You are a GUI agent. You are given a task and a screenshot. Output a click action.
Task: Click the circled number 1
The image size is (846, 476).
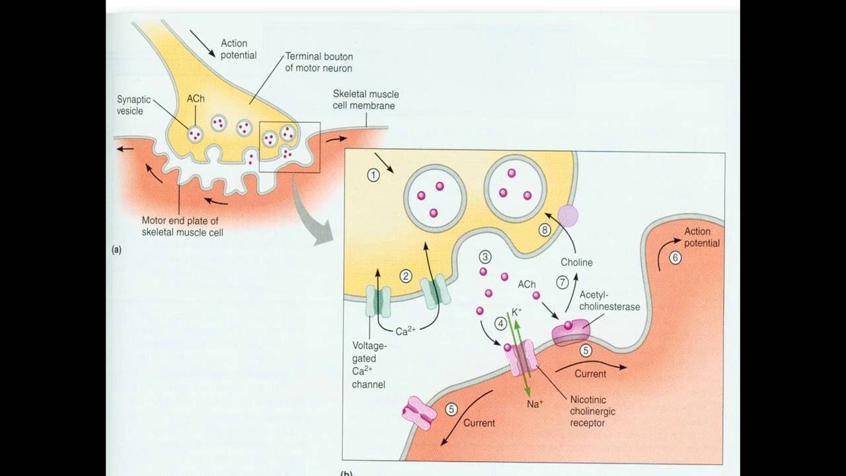(x=374, y=175)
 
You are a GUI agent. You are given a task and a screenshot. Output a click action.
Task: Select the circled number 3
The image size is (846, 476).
(x=485, y=256)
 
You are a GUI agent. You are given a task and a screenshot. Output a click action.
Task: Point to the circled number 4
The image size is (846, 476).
(x=501, y=323)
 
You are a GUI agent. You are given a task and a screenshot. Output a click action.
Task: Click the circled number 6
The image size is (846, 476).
(x=675, y=258)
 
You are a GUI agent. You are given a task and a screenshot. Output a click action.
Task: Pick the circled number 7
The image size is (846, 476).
(x=562, y=282)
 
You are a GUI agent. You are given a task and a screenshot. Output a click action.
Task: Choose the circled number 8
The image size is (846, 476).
(x=545, y=231)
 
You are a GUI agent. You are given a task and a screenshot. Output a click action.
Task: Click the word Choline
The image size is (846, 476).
(x=576, y=262)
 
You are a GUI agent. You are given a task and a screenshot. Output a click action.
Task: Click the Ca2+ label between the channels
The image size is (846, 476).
(x=406, y=331)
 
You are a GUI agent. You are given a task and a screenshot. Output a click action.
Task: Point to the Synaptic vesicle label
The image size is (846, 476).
(x=134, y=105)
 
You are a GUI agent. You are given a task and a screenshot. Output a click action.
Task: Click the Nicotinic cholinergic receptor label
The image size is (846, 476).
(x=592, y=411)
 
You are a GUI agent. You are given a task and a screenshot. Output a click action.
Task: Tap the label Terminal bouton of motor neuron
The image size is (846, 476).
(x=318, y=62)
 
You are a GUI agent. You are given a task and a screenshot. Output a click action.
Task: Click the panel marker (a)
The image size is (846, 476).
(x=116, y=250)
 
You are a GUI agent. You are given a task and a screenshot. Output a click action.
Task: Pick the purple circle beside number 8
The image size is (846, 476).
(x=568, y=216)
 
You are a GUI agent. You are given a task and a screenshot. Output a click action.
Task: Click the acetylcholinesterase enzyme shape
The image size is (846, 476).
(x=569, y=332)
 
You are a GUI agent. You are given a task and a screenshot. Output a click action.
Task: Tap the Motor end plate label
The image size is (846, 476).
(x=182, y=227)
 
